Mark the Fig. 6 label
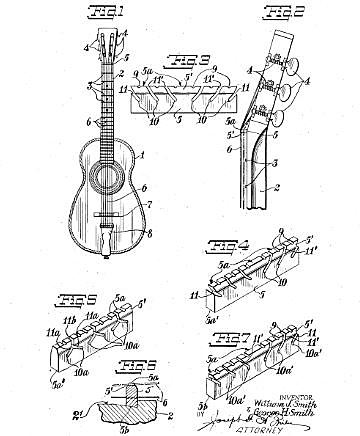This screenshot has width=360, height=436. coord(133,365)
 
